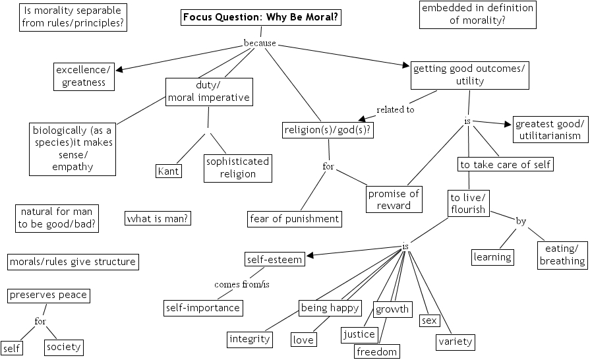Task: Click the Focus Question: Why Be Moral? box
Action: pyautogui.click(x=262, y=18)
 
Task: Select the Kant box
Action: pyautogui.click(x=169, y=171)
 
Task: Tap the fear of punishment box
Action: pyautogui.click(x=295, y=218)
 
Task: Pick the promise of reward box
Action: pyautogui.click(x=394, y=199)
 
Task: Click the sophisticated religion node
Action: pyautogui.click(x=238, y=168)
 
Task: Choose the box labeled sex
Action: pyautogui.click(x=429, y=320)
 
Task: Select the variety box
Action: pyautogui.click(x=455, y=342)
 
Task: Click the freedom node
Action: pyautogui.click(x=377, y=351)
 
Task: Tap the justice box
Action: pyautogui.click(x=359, y=334)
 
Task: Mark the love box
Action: pyautogui.click(x=303, y=340)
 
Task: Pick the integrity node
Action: pyautogui.click(x=250, y=339)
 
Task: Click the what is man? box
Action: pyautogui.click(x=158, y=218)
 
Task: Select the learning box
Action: pyautogui.click(x=492, y=256)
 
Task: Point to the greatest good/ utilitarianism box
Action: pyautogui.click(x=548, y=130)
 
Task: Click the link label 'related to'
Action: pyautogui.click(x=395, y=109)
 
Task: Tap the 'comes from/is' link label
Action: pyautogui.click(x=242, y=284)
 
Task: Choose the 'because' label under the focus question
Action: pyautogui.click(x=260, y=43)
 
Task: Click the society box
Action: pyautogui.click(x=63, y=347)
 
